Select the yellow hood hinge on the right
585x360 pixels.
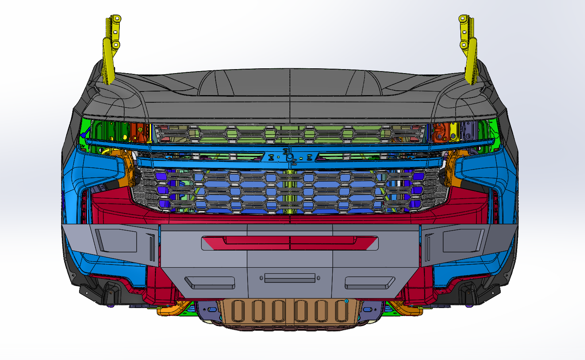[470, 52]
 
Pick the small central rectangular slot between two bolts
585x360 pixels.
[290, 278]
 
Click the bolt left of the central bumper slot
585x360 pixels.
[261, 278]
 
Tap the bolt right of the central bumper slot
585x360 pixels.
[318, 278]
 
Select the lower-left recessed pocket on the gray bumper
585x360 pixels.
[209, 282]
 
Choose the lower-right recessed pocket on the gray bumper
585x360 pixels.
[369, 282]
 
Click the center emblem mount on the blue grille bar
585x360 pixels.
[290, 157]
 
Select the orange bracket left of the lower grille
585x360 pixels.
[125, 168]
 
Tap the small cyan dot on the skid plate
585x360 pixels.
[347, 301]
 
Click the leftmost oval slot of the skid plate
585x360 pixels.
[236, 311]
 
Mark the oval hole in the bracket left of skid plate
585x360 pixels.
[211, 309]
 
